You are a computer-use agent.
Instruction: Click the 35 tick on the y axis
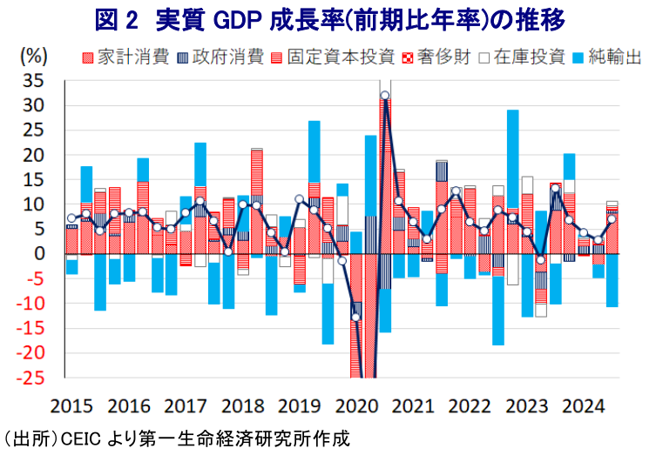coord(32,81)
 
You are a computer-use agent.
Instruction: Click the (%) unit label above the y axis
coord(33,56)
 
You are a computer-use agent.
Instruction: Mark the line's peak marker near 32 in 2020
coord(385,96)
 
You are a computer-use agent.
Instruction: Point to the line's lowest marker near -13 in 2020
coord(355,317)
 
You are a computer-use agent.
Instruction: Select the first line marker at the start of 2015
coord(71,218)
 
